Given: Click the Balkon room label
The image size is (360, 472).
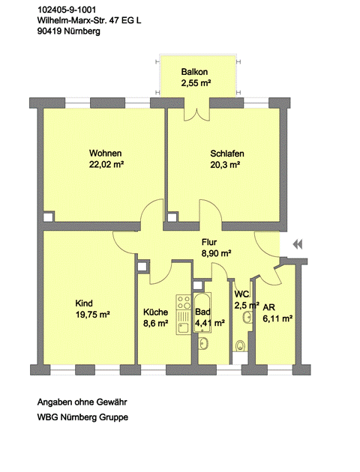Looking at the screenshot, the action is (x=194, y=72).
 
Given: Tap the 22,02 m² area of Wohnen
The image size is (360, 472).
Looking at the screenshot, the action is (x=106, y=165).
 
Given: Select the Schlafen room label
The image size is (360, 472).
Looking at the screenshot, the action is (x=227, y=154).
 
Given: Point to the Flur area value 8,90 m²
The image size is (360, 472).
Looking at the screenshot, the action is (x=216, y=253).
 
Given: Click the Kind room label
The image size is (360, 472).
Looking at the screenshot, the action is (x=84, y=303).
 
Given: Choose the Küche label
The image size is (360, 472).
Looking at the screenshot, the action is (x=155, y=312).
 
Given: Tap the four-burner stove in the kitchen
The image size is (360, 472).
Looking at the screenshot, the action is (x=184, y=303).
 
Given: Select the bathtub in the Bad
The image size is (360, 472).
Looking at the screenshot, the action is (x=202, y=312).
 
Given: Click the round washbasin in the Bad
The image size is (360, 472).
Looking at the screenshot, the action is (x=203, y=343).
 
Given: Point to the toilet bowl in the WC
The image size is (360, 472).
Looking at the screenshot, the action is (x=241, y=346).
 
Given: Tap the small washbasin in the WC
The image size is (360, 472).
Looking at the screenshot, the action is (x=247, y=317).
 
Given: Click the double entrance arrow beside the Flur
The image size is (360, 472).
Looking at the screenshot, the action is (x=298, y=244).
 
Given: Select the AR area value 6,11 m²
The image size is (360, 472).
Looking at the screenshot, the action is (x=278, y=318).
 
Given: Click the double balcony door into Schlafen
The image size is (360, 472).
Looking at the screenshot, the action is (x=196, y=114).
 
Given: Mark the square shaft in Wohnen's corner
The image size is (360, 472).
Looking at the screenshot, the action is (x=48, y=217).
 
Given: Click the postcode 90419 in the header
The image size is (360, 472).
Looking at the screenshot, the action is (x=49, y=31).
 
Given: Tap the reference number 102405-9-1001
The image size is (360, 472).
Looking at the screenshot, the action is (x=67, y=10).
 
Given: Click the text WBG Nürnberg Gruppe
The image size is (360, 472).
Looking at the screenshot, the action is (x=82, y=417).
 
